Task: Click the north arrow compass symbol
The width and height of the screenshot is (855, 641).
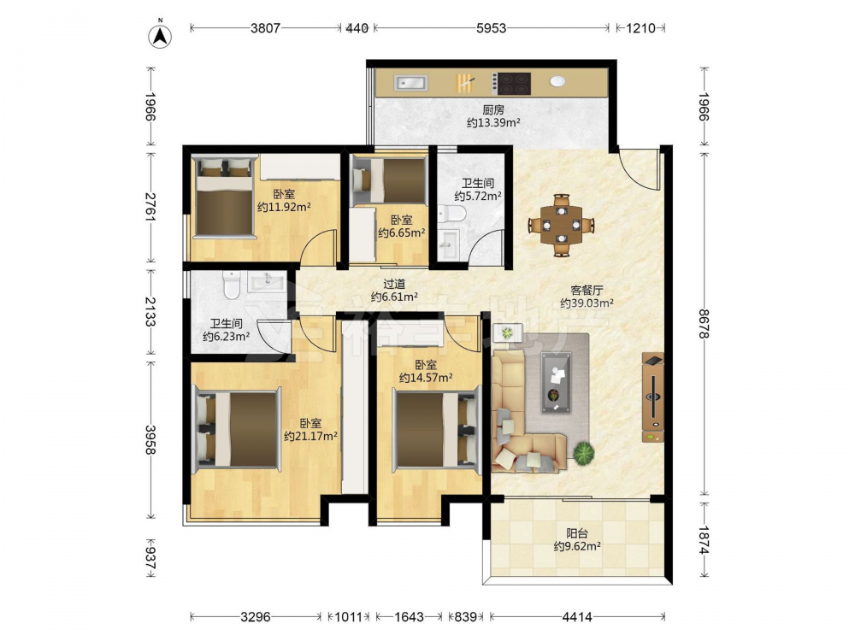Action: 161,35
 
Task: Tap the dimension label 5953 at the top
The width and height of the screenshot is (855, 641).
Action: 492,28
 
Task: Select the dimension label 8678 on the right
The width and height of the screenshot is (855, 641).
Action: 705,324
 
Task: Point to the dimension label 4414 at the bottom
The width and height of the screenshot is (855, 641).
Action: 577,617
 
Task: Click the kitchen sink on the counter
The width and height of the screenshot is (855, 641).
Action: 411,83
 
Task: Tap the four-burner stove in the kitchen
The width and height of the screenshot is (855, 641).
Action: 511,84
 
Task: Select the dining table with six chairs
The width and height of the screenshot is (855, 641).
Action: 561,225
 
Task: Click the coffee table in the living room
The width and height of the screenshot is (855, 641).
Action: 557,382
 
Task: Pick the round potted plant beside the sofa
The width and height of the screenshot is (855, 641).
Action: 583,453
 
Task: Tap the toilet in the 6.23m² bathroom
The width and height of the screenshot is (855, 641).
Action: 232,285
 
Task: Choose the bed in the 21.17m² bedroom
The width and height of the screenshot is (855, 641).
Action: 239,428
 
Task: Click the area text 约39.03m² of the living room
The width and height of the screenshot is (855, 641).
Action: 587,303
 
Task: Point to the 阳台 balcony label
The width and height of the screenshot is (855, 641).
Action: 577,533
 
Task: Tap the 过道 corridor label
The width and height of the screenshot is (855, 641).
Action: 394,284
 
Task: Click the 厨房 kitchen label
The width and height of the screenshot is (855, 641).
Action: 493,109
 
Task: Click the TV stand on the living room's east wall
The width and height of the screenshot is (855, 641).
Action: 653,397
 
